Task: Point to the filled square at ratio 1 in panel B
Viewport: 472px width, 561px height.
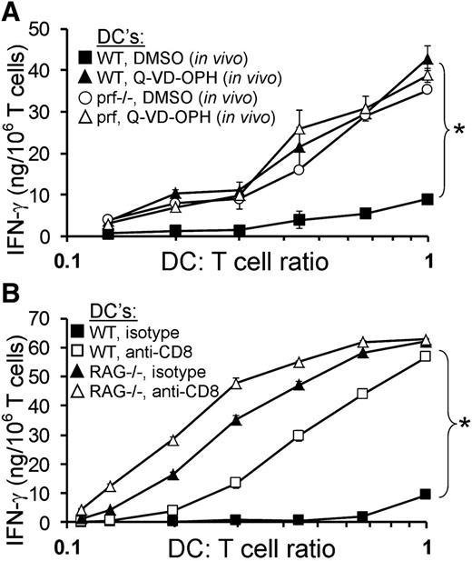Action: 427,495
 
